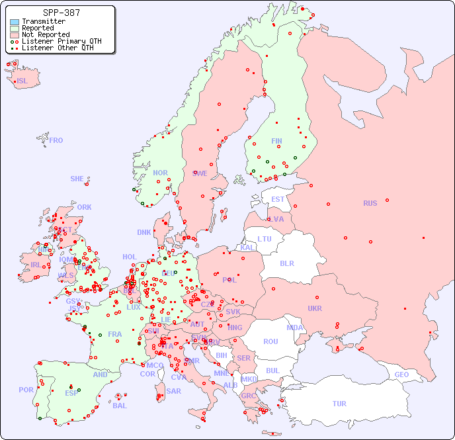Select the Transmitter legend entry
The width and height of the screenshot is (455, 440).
pyautogui.click(x=43, y=22)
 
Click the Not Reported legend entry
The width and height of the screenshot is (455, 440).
pyautogui.click(x=45, y=35)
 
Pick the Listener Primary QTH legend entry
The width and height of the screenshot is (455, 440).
pyautogui.click(x=62, y=42)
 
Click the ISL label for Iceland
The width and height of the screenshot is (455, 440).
pyautogui.click(x=22, y=81)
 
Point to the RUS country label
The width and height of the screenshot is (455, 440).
pyautogui.click(x=370, y=203)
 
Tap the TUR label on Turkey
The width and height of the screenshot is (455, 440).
pyautogui.click(x=339, y=404)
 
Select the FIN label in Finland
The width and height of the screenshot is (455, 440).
pyautogui.click(x=276, y=141)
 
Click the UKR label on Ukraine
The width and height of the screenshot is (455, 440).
pyautogui.click(x=315, y=308)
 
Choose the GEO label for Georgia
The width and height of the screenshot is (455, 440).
pyautogui.click(x=401, y=374)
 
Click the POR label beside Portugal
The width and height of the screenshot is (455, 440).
pyautogui.click(x=26, y=390)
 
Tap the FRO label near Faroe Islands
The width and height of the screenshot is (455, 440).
pyautogui.click(x=56, y=140)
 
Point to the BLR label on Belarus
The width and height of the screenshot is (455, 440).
pyautogui.click(x=286, y=263)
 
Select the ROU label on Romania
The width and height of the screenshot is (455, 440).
pyautogui.click(x=270, y=341)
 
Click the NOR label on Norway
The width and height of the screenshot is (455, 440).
pyautogui.click(x=160, y=173)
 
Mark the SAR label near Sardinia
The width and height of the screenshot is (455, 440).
pyautogui.click(x=173, y=391)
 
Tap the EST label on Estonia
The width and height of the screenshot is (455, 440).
pyautogui.click(x=278, y=199)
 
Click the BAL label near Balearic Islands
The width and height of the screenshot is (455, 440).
pyautogui.click(x=119, y=406)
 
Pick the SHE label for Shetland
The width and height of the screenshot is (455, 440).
pyautogui.click(x=77, y=179)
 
